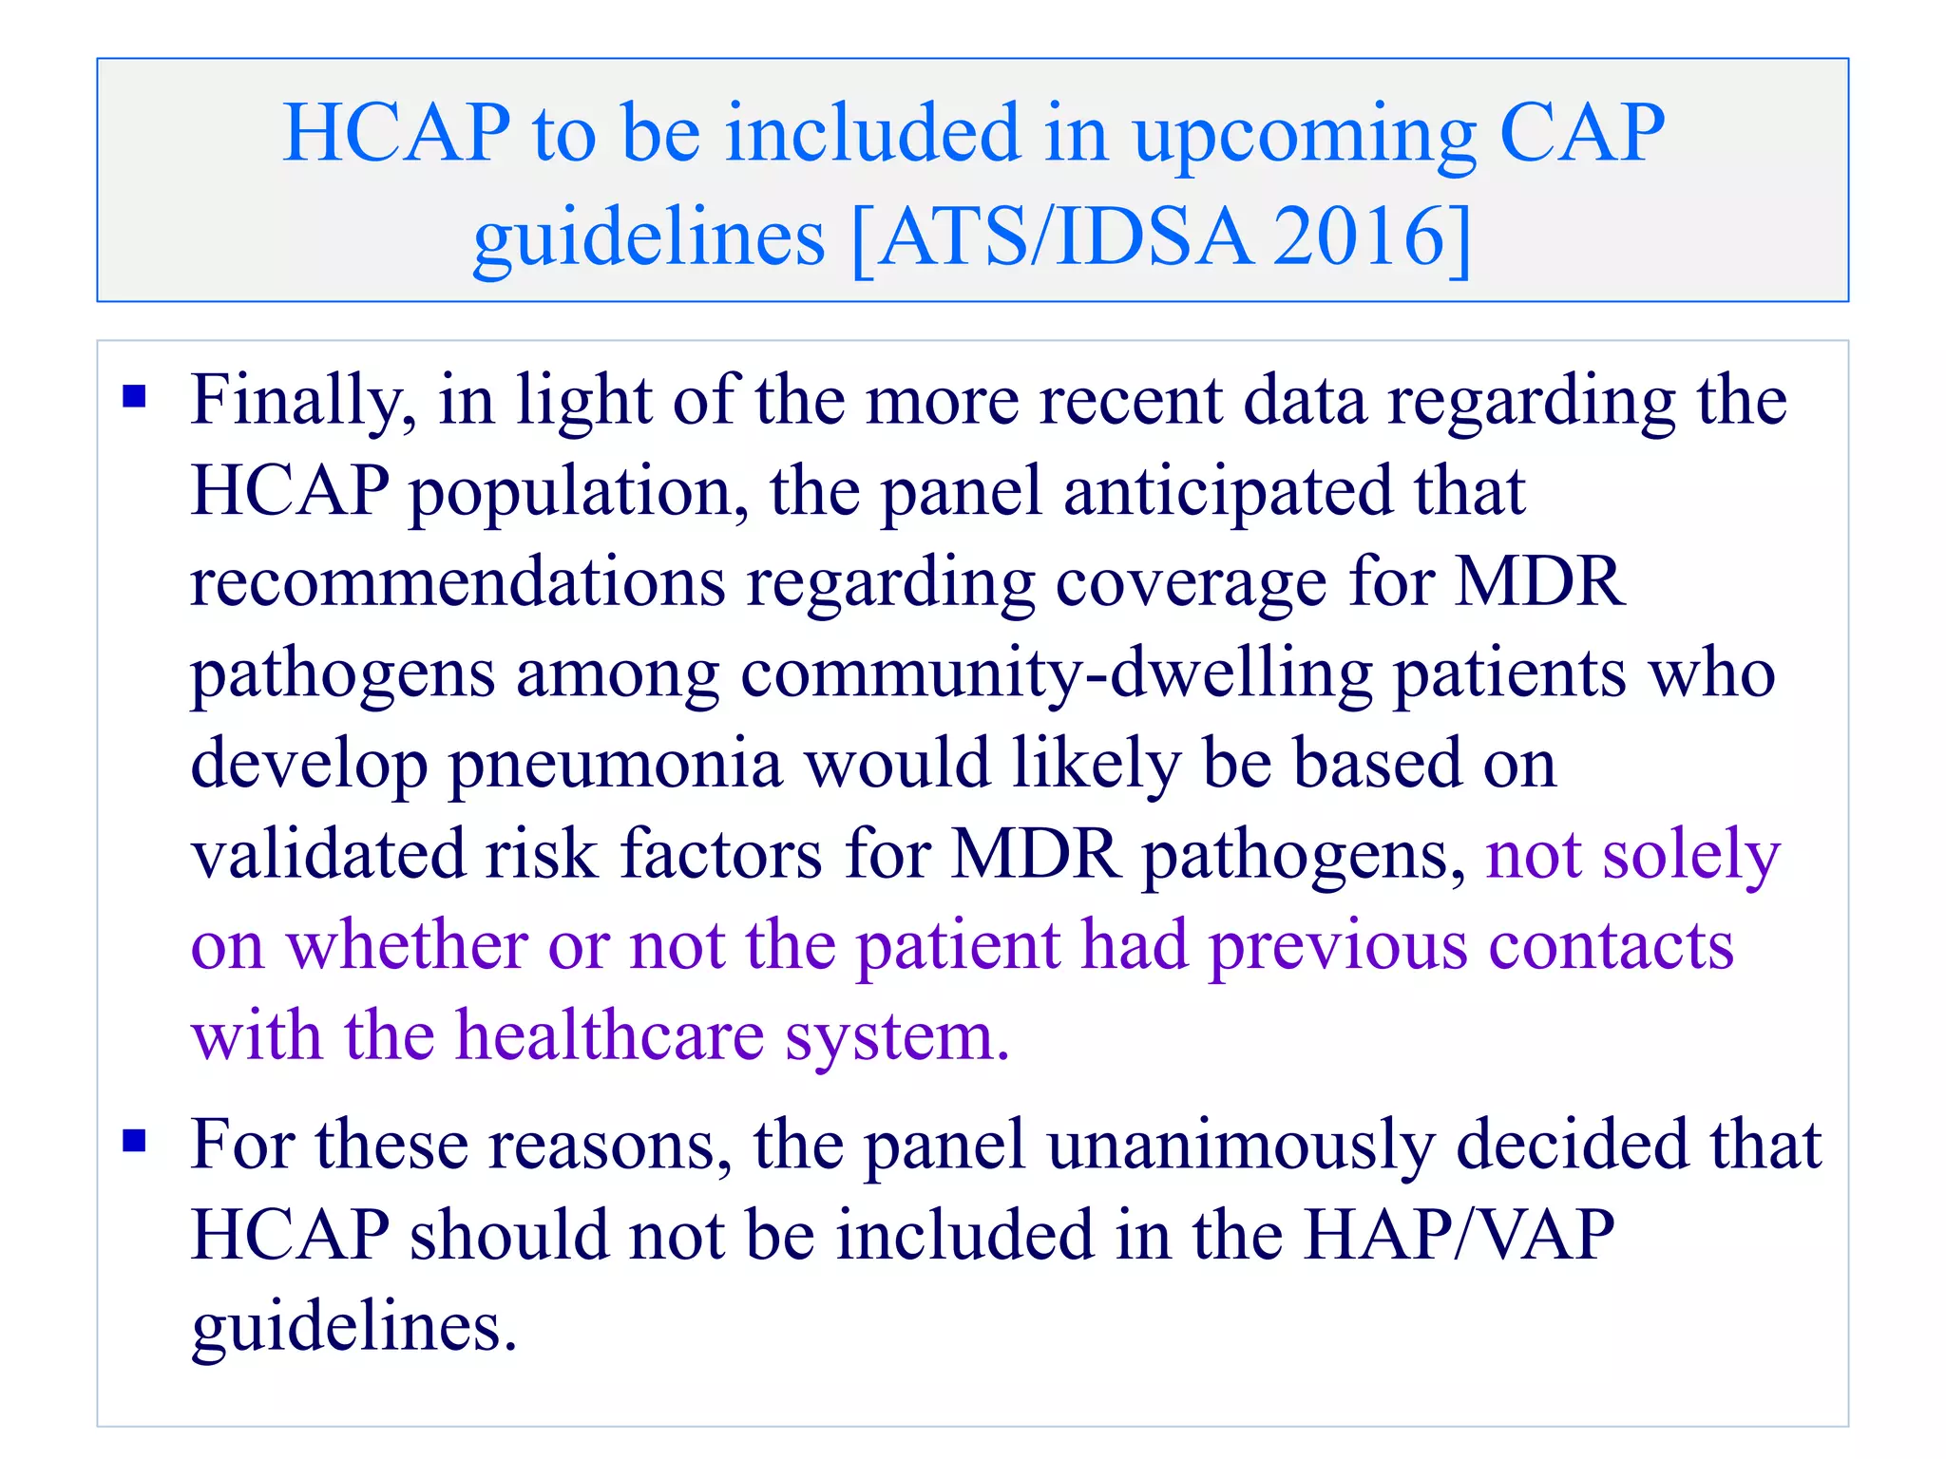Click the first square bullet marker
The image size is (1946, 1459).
(134, 395)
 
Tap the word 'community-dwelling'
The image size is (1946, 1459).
(1056, 674)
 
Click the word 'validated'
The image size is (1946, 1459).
(327, 854)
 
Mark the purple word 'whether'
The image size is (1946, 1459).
(406, 946)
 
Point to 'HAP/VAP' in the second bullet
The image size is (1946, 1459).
(1459, 1235)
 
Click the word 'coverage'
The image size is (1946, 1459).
(1191, 583)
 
